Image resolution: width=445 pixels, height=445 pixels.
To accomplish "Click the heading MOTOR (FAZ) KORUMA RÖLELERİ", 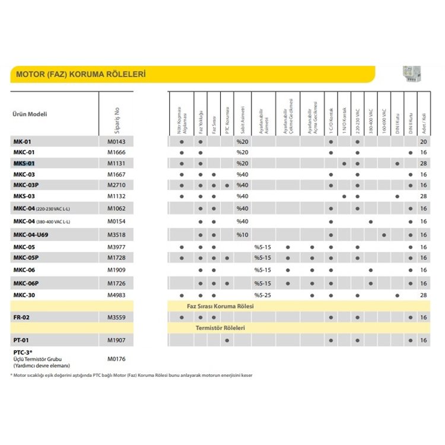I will pos(80,75).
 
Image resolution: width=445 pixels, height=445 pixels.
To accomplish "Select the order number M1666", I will pos(116,152).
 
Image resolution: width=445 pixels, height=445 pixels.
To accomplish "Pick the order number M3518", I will pos(116,236).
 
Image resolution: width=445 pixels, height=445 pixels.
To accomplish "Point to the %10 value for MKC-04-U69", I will pos(241,236).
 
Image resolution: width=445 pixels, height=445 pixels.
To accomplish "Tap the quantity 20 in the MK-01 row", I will pos(423,142).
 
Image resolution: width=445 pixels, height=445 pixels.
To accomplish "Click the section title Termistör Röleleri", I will pos(221,328).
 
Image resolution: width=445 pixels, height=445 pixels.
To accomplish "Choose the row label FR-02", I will pos(21,317).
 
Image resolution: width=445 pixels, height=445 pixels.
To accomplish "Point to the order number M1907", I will pos(116,340).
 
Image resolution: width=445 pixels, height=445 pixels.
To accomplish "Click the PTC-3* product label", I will pos(23,353).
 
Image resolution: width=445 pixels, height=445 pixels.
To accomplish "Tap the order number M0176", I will pos(116,359).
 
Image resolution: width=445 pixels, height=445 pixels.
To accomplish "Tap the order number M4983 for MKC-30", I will pos(116,295).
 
